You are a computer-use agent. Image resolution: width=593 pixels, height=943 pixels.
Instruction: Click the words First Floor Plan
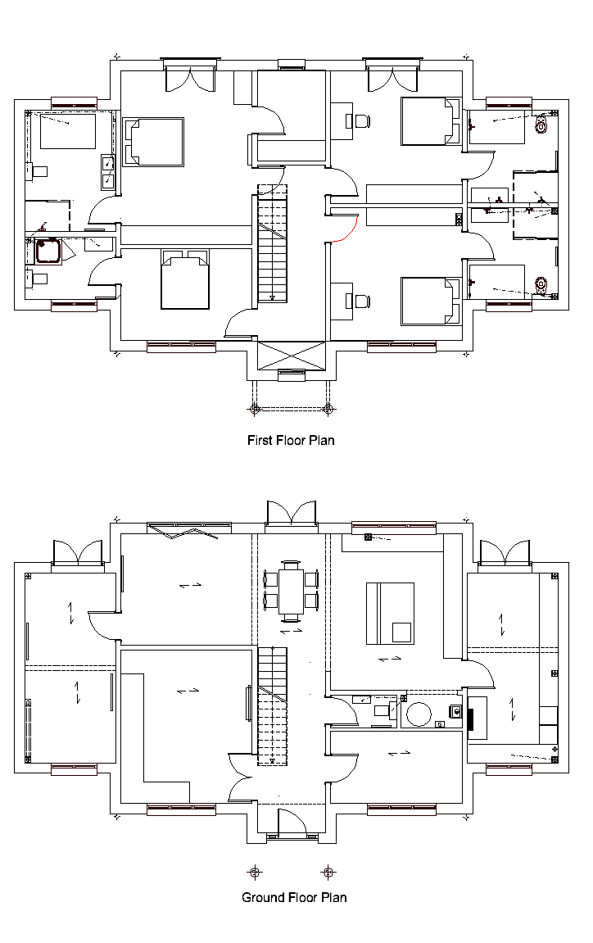(291, 440)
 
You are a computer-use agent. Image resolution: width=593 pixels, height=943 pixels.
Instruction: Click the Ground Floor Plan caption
(294, 897)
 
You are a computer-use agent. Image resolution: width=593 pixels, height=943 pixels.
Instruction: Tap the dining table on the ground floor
(291, 592)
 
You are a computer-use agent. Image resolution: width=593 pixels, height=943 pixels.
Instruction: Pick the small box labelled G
(440, 723)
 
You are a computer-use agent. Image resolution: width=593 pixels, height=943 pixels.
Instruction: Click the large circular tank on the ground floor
(419, 714)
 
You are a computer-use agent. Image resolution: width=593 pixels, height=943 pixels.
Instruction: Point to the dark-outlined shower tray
(48, 252)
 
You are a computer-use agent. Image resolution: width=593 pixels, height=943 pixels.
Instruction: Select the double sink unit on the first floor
(108, 172)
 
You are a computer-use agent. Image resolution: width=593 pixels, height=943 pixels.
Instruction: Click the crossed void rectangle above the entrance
(291, 356)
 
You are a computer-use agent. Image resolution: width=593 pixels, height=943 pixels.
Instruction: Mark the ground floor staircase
(273, 705)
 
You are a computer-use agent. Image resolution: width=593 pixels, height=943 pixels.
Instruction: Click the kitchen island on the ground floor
(390, 613)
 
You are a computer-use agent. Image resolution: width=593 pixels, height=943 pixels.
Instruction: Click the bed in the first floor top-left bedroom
(153, 142)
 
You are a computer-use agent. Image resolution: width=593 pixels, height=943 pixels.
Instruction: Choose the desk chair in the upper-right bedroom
(362, 121)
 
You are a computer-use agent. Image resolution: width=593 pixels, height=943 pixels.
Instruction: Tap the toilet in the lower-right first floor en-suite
(541, 283)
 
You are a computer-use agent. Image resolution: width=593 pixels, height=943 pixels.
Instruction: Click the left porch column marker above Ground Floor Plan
(255, 871)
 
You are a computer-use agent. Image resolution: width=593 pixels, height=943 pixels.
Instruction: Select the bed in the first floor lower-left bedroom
(185, 279)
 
